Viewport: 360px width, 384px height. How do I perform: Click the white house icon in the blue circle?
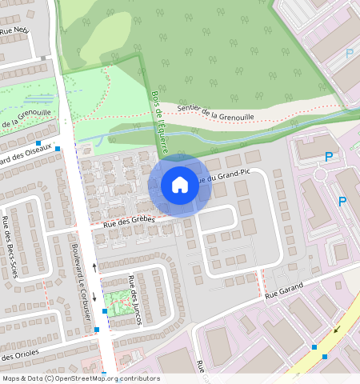point(180,185)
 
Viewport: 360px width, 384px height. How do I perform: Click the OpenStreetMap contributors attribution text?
point(80,378)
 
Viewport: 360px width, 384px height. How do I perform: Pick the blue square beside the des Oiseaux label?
point(58,148)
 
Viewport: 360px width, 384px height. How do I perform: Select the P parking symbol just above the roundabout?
point(327,158)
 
